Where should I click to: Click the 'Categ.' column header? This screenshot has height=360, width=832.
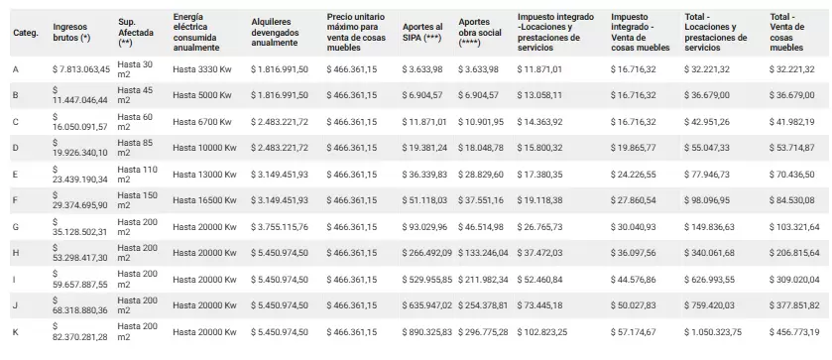[26, 33]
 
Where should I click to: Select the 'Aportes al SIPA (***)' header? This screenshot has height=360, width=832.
[422, 33]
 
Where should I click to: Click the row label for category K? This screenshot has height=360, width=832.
[16, 332]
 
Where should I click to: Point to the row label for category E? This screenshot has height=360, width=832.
[16, 175]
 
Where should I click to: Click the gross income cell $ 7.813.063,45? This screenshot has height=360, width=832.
[81, 69]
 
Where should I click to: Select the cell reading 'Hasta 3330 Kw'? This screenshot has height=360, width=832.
[202, 69]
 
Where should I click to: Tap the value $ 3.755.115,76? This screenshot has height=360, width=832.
[280, 227]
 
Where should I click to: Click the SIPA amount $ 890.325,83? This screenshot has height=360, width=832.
[427, 332]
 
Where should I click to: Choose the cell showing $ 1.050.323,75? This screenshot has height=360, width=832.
[713, 332]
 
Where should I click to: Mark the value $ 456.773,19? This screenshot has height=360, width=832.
[794, 332]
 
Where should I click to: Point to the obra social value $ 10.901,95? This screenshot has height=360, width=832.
[481, 122]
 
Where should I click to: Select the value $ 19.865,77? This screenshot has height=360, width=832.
[633, 148]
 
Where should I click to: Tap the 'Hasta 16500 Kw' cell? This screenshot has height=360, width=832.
[204, 200]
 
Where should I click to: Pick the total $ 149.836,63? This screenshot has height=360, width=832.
[709, 227]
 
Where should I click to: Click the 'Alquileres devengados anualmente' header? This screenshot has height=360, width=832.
[276, 33]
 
